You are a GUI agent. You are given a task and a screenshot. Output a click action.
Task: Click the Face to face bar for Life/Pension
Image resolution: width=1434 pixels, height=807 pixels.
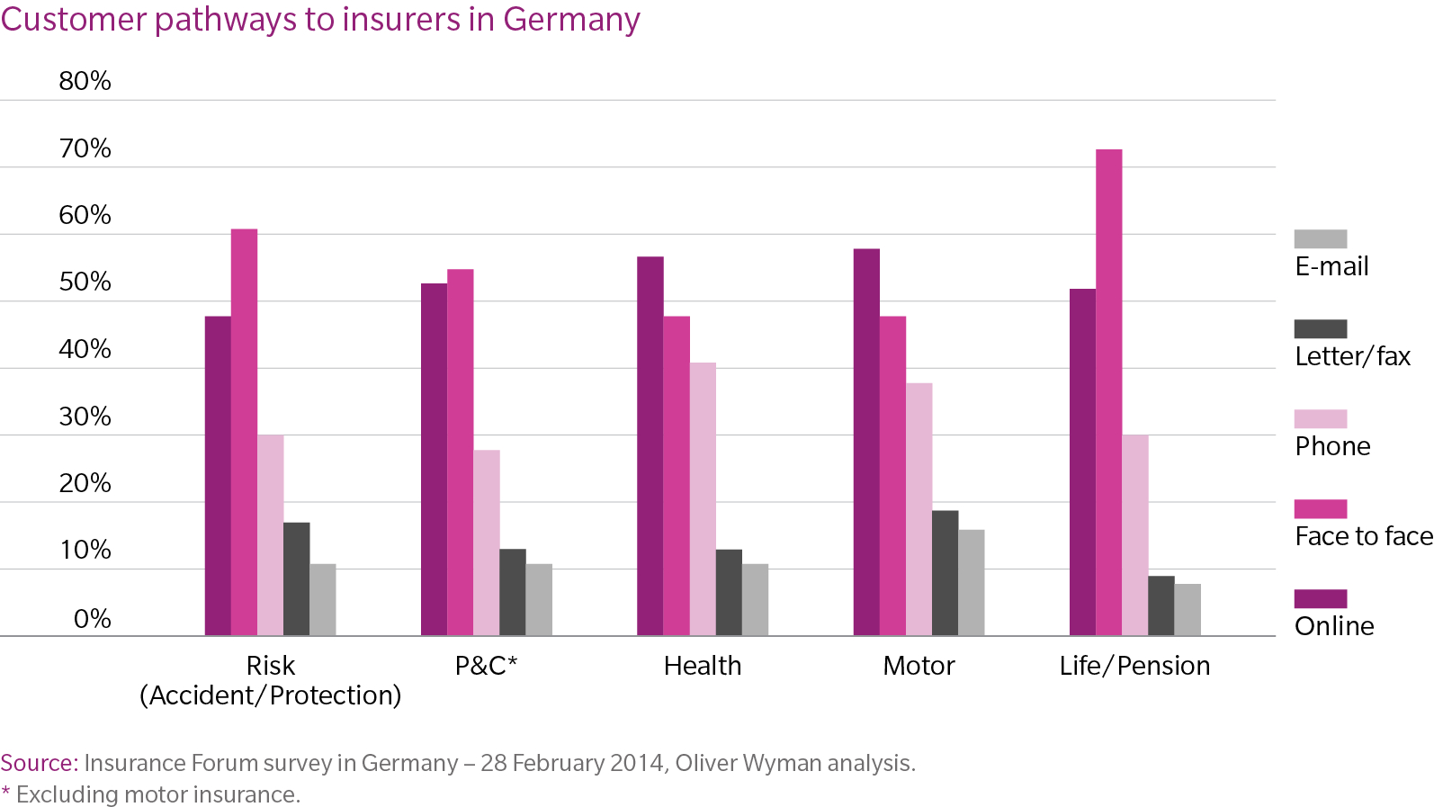tap(1108, 392)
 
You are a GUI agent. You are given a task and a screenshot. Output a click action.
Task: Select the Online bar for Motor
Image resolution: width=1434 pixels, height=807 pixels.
tap(866, 442)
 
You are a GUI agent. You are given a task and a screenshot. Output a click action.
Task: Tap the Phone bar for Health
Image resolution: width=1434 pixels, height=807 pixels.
tap(703, 499)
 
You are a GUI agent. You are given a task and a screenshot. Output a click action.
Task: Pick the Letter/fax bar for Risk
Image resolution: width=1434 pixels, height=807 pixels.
tap(296, 578)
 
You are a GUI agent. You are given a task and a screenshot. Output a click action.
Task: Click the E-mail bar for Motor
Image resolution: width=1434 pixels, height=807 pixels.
tap(971, 582)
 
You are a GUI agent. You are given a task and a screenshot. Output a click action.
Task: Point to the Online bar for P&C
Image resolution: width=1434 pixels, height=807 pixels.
tap(434, 460)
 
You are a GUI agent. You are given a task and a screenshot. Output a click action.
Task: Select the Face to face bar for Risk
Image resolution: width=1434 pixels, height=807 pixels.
tap(244, 432)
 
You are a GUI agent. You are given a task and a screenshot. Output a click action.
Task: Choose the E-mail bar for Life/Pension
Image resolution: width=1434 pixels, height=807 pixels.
tap(1187, 609)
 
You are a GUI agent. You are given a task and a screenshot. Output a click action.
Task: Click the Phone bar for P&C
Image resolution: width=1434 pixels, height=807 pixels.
tap(487, 542)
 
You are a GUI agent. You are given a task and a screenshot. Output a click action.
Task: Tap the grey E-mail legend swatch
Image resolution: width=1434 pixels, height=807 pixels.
tap(1320, 238)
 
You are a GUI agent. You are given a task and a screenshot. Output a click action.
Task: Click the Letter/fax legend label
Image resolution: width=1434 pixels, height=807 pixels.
tap(1352, 356)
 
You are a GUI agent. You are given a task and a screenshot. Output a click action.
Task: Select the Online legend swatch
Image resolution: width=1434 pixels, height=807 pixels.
tap(1320, 598)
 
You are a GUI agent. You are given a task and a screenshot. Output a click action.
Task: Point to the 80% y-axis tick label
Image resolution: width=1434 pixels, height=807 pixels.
tap(85, 81)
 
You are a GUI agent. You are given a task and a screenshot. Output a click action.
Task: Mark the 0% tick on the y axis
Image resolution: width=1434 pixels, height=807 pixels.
tap(92, 619)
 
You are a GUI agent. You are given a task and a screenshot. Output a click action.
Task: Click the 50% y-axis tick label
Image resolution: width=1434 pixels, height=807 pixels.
tap(85, 282)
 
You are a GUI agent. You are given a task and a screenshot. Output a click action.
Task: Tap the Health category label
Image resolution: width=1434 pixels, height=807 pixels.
tap(703, 666)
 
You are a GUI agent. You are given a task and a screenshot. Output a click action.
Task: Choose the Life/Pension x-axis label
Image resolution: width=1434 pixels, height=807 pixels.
tap(1134, 666)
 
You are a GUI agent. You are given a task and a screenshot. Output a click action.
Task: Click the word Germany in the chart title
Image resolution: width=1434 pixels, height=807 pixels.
tap(571, 19)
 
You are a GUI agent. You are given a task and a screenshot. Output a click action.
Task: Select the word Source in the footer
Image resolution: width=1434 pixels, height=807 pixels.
tap(37, 763)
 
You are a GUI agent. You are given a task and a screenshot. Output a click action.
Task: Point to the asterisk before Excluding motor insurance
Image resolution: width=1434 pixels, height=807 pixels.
tap(6, 792)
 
